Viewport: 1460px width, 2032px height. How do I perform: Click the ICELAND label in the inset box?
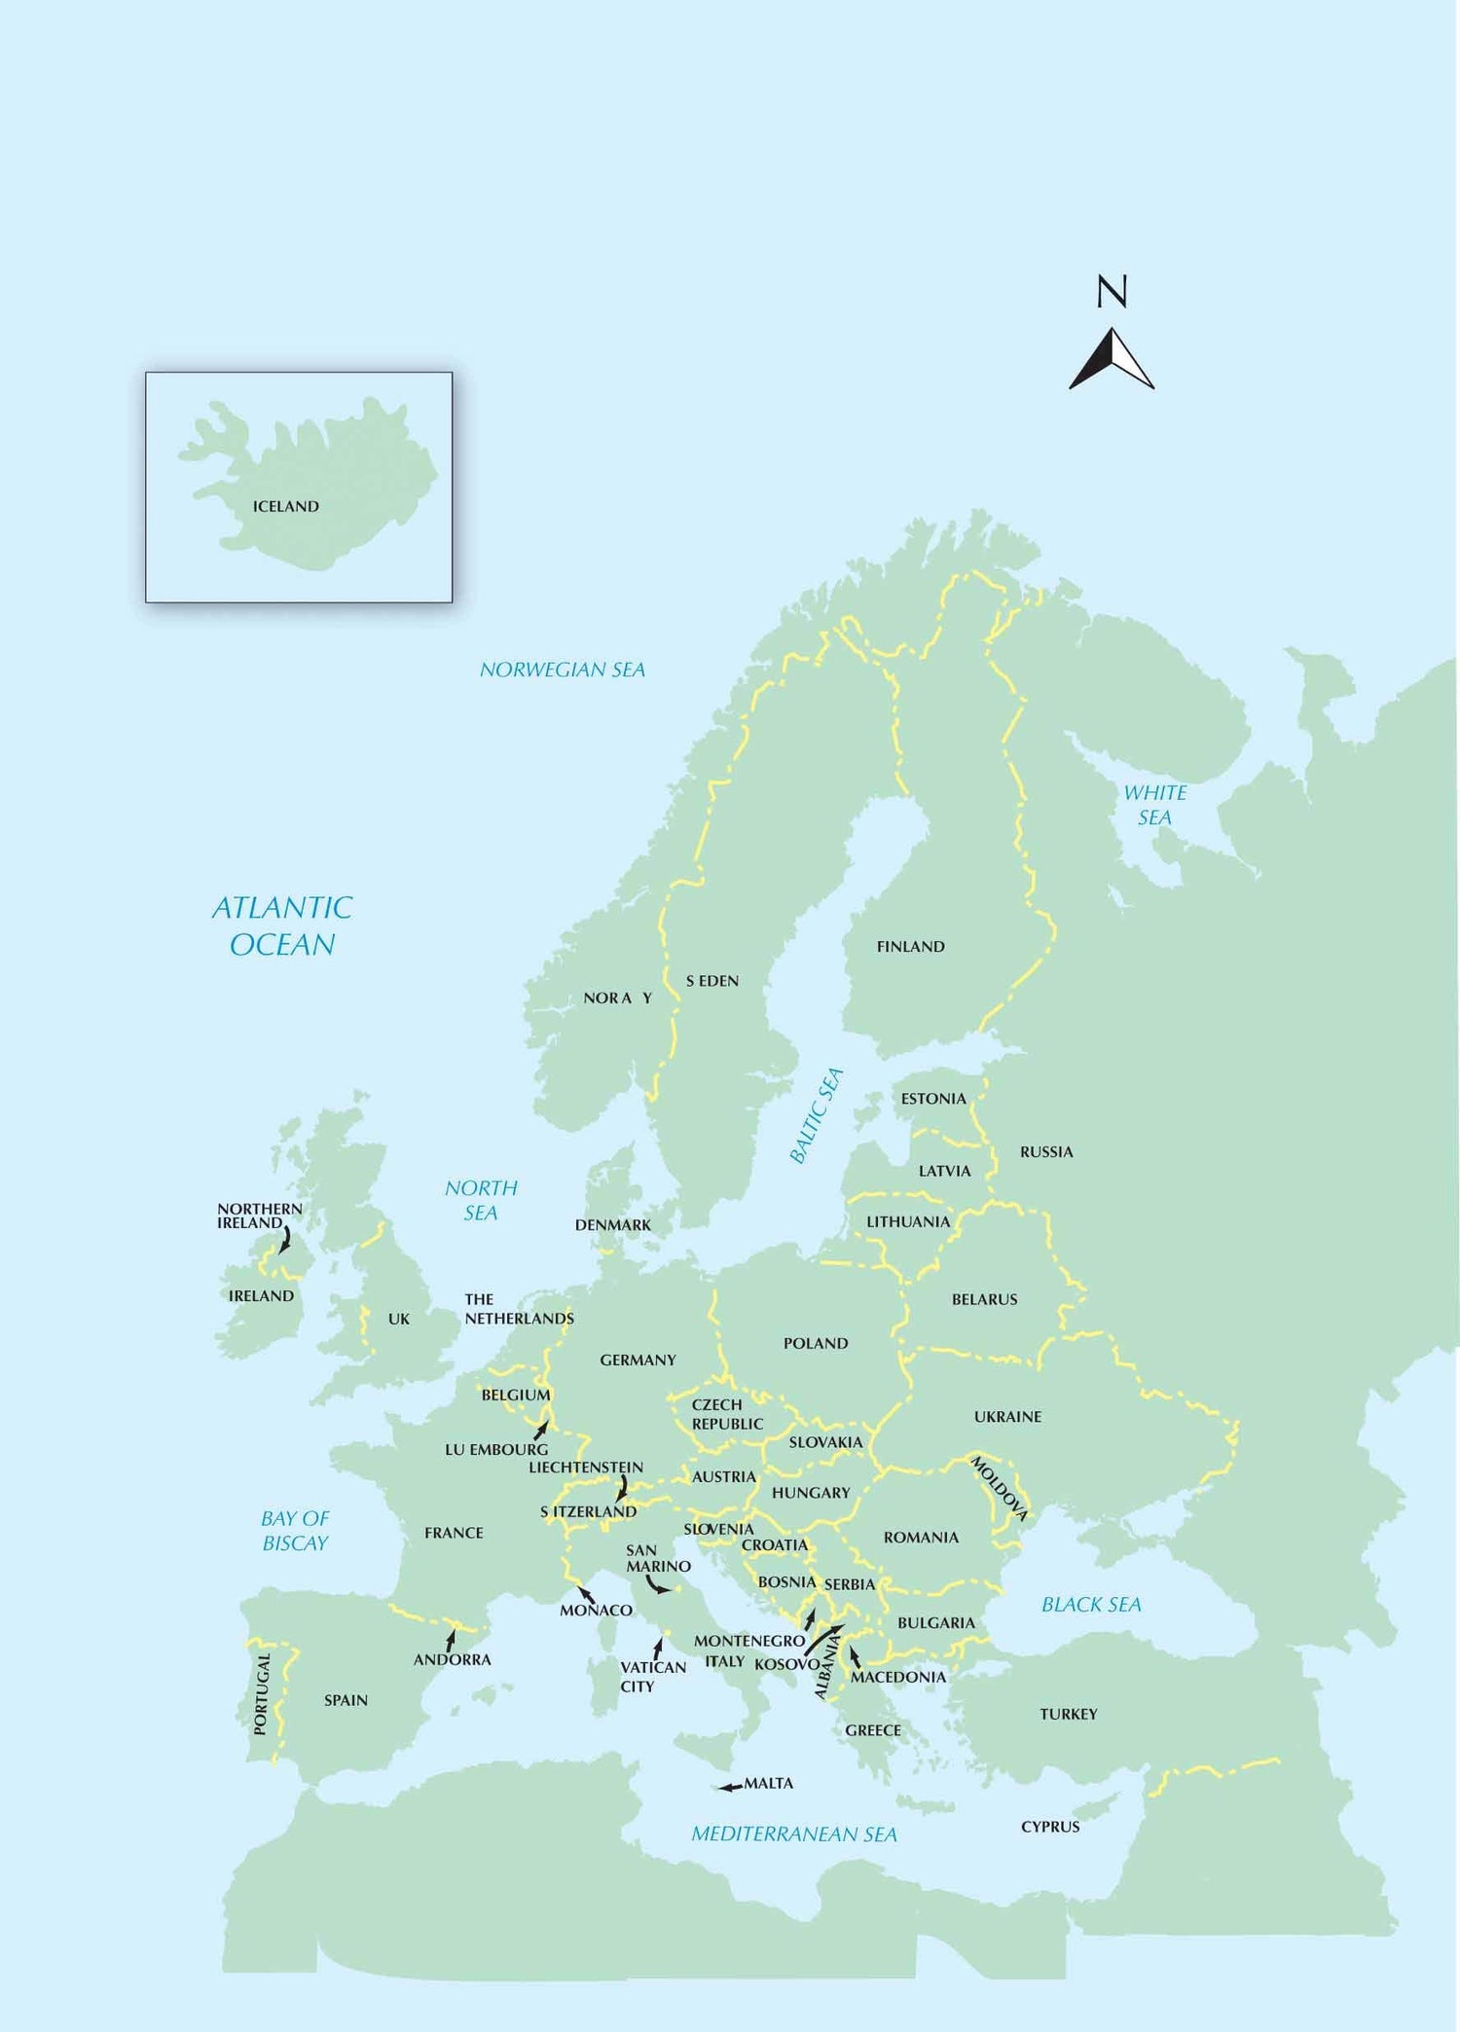pyautogui.click(x=285, y=506)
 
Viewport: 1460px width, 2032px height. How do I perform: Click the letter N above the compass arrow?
pyautogui.click(x=1112, y=291)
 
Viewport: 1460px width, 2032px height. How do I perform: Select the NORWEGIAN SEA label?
pyautogui.click(x=562, y=670)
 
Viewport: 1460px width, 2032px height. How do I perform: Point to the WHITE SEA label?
pyautogui.click(x=1155, y=805)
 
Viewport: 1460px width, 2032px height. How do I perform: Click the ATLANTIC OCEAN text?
pyautogui.click(x=282, y=925)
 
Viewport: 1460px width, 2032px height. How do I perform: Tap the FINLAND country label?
pyautogui.click(x=910, y=946)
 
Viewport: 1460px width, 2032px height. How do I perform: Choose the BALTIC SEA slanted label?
pyautogui.click(x=816, y=1115)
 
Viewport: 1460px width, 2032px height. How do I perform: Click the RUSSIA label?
pyautogui.click(x=1046, y=1151)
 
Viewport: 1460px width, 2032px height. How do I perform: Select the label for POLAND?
pyautogui.click(x=816, y=1343)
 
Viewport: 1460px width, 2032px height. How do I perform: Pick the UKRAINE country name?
pyautogui.click(x=1007, y=1416)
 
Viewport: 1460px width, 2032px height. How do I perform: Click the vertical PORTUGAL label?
pyautogui.click(x=260, y=1693)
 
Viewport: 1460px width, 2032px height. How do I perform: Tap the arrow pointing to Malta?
pyautogui.click(x=730, y=1787)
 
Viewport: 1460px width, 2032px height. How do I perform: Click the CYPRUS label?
pyautogui.click(x=1050, y=1827)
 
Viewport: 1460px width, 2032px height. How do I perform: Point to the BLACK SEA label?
pyautogui.click(x=1091, y=1604)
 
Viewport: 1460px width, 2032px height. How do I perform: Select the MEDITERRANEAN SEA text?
pyautogui.click(x=794, y=1833)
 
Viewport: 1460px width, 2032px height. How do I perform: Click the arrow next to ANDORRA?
pyautogui.click(x=451, y=1641)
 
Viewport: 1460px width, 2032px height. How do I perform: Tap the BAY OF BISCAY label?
pyautogui.click(x=295, y=1530)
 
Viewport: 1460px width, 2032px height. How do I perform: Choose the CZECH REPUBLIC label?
pyautogui.click(x=726, y=1414)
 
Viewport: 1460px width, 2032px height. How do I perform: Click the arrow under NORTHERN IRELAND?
pyautogui.click(x=285, y=1239)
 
